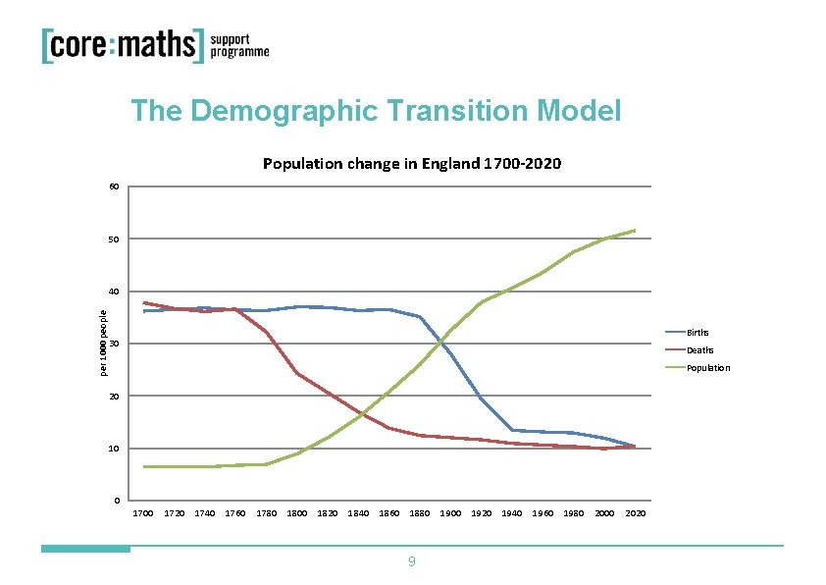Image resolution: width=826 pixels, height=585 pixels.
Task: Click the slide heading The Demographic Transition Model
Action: tap(376, 111)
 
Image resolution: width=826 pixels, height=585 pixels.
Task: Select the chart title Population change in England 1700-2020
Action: tap(412, 163)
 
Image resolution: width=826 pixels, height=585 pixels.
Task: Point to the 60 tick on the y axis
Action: tap(115, 186)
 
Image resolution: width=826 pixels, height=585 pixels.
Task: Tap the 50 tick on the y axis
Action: tap(115, 239)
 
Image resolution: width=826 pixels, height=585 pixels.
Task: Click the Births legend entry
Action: tap(699, 333)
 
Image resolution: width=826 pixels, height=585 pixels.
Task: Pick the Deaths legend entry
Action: tap(699, 350)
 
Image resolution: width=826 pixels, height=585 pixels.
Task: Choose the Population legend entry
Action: tap(707, 368)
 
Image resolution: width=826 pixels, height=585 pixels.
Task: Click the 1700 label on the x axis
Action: tap(143, 513)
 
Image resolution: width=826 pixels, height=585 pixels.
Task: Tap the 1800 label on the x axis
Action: tap(297, 513)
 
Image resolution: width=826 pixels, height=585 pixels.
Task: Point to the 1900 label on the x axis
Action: tap(450, 513)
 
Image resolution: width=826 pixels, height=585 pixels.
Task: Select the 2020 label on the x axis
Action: tap(635, 513)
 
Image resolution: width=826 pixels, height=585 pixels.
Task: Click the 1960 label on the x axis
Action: tap(542, 513)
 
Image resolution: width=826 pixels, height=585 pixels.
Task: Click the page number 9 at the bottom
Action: tap(412, 561)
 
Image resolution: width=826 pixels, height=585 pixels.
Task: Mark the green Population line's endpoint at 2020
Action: tap(635, 231)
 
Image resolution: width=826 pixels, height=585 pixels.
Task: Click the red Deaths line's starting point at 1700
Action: tap(144, 302)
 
